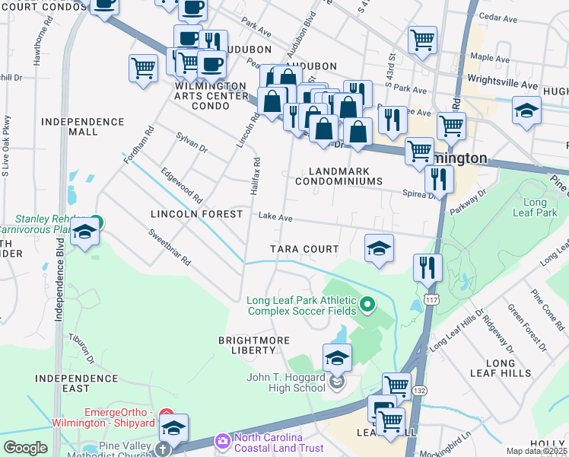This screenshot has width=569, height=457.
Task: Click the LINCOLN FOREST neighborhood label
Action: point(196,215)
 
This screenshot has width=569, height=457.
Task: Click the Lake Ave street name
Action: point(275,218)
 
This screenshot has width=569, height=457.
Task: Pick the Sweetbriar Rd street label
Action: point(169,248)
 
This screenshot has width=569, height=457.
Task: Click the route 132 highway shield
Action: point(419,390)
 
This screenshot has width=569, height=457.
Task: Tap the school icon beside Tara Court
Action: point(379,248)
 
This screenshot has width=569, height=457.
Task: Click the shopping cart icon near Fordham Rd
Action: point(143,68)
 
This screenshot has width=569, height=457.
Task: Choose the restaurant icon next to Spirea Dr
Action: point(439,178)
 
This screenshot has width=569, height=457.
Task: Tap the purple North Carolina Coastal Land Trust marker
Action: point(223,440)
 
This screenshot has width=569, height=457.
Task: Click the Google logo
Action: point(26,448)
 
